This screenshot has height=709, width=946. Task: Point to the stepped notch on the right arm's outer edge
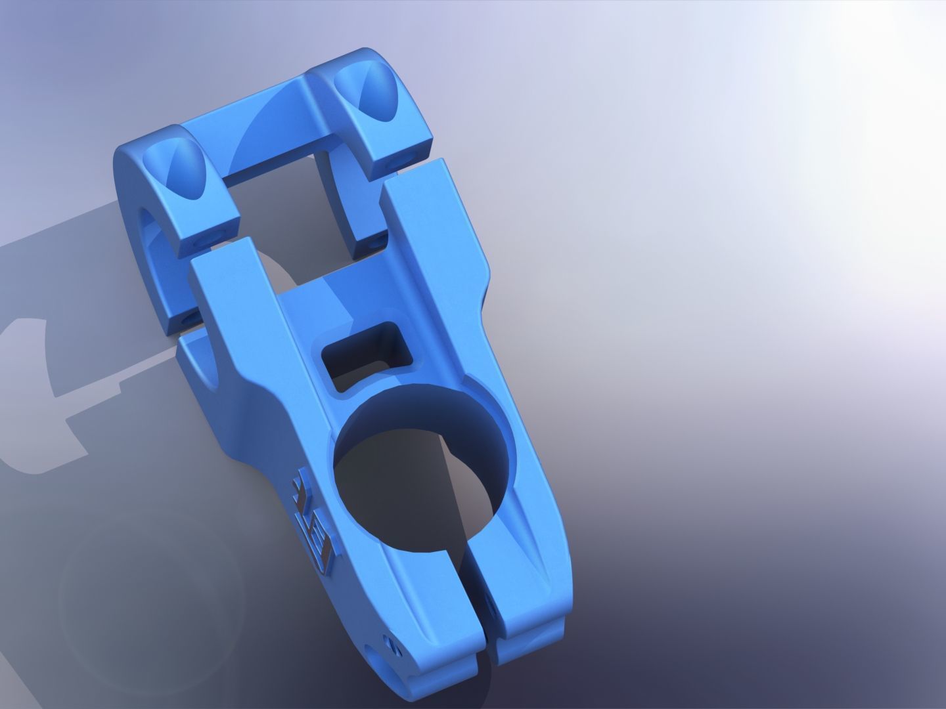[x=487, y=269]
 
